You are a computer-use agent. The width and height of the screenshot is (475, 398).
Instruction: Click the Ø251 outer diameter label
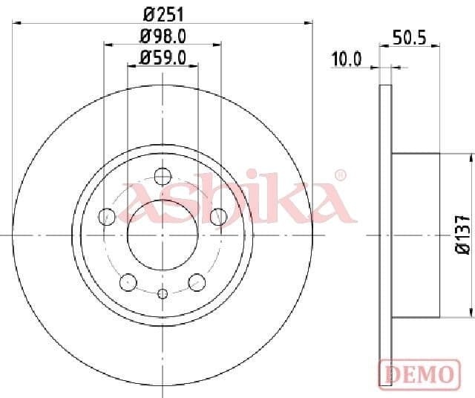[163, 13]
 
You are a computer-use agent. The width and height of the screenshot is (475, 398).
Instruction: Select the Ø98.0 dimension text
[163, 36]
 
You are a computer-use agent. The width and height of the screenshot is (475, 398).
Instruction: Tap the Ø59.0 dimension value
[163, 56]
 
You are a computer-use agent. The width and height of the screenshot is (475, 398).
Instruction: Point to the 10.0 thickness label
[346, 59]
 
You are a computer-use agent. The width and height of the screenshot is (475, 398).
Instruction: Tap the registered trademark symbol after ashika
[340, 175]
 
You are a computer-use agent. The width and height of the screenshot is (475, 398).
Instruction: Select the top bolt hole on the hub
[163, 176]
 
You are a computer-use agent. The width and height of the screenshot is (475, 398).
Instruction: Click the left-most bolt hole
[107, 216]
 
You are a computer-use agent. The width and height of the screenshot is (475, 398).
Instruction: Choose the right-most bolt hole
[218, 216]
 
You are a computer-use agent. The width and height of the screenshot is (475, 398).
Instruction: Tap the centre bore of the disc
[163, 234]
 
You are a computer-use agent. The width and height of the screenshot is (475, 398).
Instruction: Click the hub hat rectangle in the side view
[416, 234]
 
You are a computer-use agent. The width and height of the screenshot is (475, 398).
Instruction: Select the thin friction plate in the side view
[385, 234]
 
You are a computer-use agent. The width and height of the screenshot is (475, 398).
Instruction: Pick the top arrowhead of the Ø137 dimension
[470, 157]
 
